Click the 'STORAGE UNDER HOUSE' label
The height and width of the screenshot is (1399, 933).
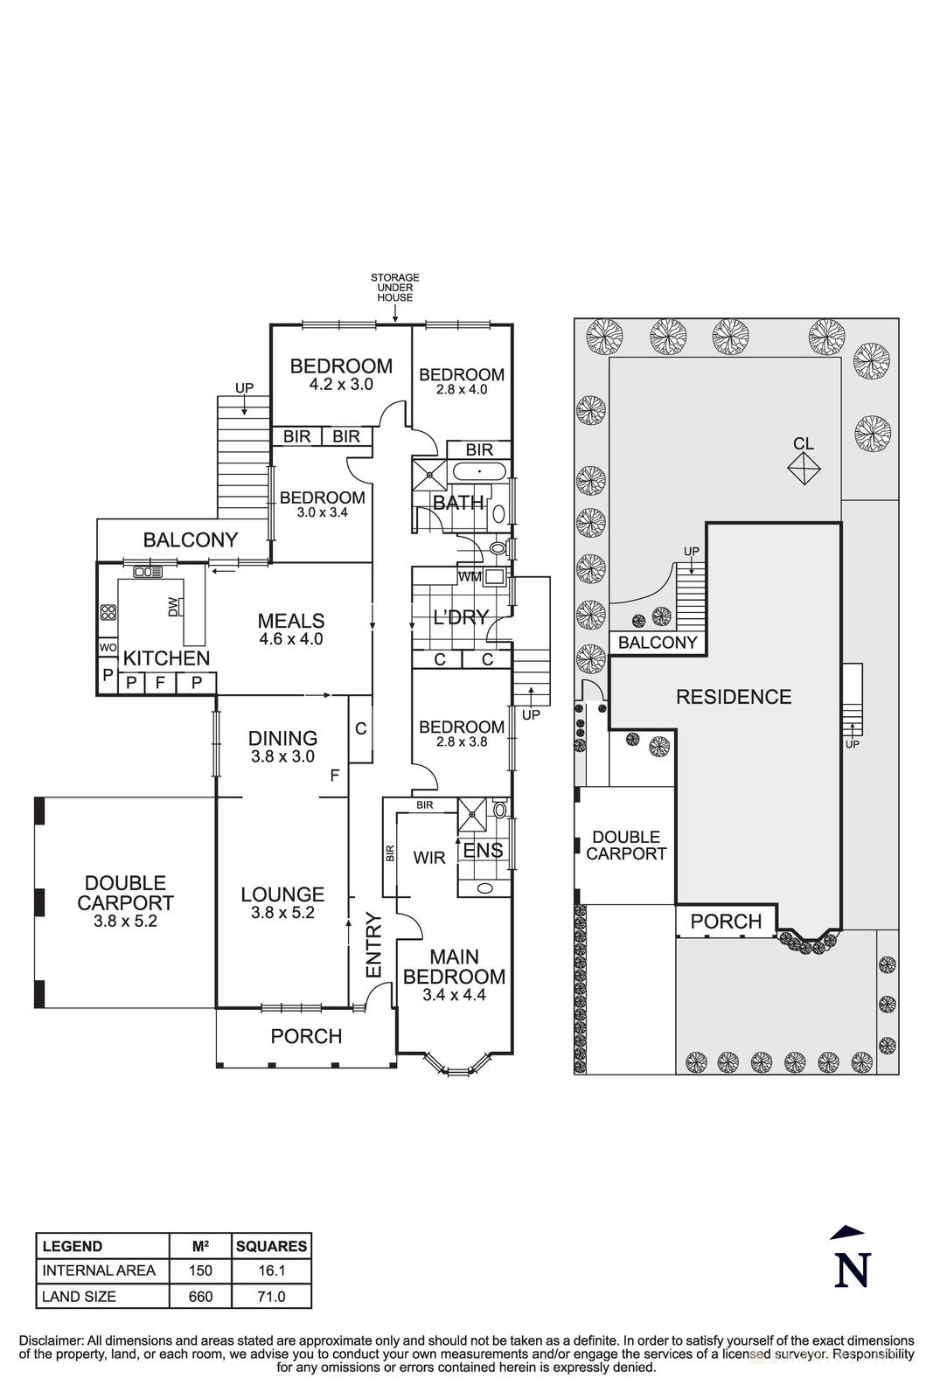(394, 287)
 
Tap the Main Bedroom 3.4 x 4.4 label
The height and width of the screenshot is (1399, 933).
(454, 976)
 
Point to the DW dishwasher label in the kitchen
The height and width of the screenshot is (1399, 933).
(173, 606)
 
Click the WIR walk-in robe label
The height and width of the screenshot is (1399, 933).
(428, 858)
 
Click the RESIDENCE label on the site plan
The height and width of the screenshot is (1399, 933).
(733, 697)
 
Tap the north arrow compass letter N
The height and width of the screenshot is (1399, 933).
(852, 1270)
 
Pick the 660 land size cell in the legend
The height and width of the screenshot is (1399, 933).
(200, 1296)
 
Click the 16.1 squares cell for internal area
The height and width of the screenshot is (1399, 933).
(271, 1270)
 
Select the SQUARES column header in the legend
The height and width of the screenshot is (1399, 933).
(271, 1246)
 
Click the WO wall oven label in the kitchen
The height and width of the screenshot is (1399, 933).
(108, 648)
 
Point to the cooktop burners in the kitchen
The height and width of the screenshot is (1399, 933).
(108, 612)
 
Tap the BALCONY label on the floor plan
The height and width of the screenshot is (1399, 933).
(190, 540)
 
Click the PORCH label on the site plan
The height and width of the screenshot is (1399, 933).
(726, 921)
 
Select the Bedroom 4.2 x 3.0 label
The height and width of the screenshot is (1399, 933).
(341, 374)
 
